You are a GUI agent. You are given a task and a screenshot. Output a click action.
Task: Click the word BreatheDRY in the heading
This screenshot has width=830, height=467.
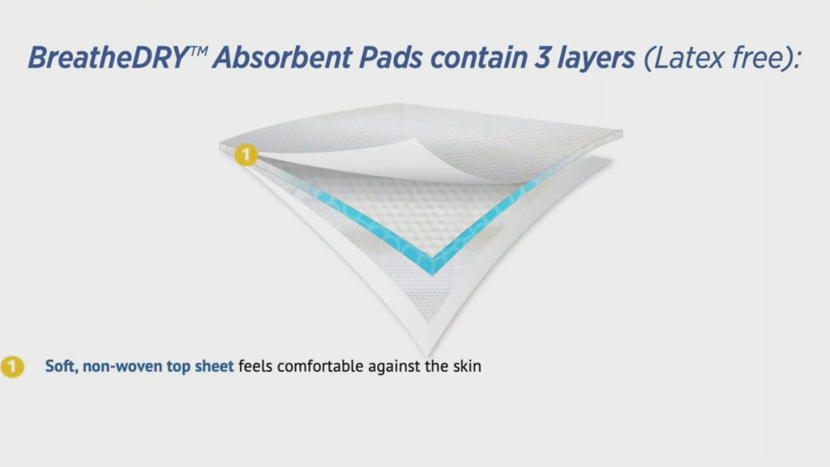point(109,58)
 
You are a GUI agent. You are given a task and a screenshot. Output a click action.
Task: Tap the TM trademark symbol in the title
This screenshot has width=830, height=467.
point(199,51)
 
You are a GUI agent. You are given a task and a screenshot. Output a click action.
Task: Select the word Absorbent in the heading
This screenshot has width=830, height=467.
point(282,58)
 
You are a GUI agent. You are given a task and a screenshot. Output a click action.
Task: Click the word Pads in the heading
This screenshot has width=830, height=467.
point(391,58)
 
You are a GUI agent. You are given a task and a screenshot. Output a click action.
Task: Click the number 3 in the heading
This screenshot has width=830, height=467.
point(542,58)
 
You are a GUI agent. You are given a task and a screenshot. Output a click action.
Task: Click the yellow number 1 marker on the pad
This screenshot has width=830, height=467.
point(246,155)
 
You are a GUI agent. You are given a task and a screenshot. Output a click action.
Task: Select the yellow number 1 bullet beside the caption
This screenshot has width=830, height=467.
point(12,366)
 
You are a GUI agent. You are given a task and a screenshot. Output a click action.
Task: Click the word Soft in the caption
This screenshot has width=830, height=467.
point(61,366)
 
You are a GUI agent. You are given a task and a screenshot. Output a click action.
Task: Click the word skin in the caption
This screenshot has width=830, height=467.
point(467,366)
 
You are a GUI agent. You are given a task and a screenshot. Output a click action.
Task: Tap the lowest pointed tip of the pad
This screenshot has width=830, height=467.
point(428,356)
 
